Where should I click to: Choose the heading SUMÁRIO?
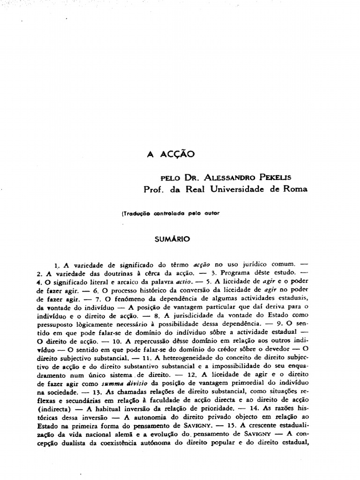172,239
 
